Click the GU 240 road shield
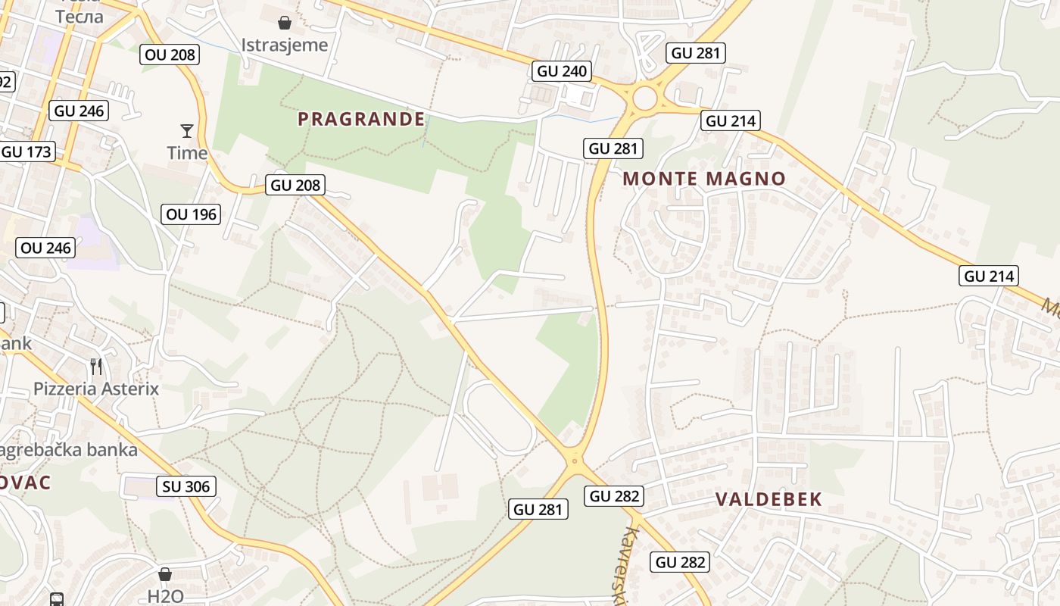[x=561, y=71]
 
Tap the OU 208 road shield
[x=169, y=54]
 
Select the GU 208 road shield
[x=296, y=184]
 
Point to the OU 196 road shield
[x=192, y=214]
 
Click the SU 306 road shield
[x=186, y=486]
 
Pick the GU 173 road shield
[x=27, y=151]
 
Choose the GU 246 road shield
[x=79, y=111]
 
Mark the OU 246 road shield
[x=45, y=248]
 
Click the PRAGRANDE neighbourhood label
[x=361, y=119]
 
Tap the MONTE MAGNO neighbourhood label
[x=704, y=179]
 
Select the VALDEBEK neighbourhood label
[x=768, y=499]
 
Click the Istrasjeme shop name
[x=285, y=45]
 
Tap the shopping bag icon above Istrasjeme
[x=285, y=22]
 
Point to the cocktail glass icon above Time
[x=186, y=130]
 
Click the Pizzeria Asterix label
[x=96, y=389]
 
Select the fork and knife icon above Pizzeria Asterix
[x=96, y=367]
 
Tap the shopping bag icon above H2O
[x=165, y=574]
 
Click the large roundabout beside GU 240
[x=645, y=98]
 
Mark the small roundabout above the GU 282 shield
[x=575, y=459]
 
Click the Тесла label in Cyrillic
[x=79, y=17]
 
